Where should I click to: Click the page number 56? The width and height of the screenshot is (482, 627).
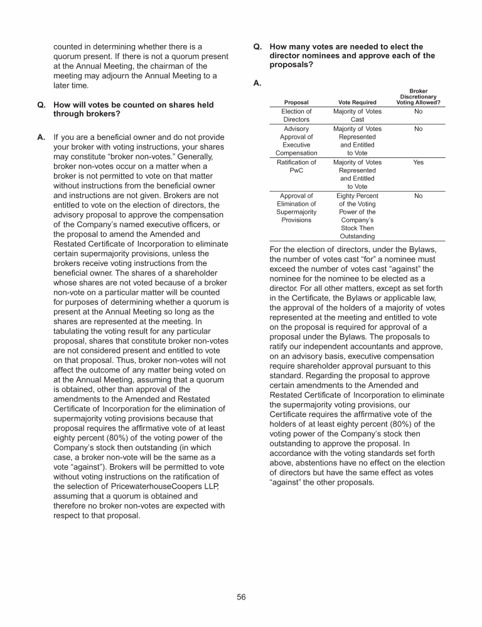(241, 597)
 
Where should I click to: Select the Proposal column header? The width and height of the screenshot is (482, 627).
(296, 102)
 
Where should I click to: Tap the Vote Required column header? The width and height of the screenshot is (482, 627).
(357, 102)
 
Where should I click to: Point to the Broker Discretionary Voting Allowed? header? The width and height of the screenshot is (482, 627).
(418, 97)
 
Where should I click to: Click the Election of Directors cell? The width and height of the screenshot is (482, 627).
(296, 115)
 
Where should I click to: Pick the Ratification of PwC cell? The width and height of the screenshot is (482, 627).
(296, 166)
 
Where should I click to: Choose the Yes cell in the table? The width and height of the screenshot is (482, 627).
(418, 162)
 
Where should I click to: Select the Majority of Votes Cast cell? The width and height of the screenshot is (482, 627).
(357, 115)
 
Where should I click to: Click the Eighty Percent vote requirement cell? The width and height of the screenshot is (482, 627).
(357, 216)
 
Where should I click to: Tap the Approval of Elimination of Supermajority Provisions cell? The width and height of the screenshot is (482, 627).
(296, 208)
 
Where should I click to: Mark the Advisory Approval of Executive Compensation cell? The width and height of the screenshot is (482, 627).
(296, 141)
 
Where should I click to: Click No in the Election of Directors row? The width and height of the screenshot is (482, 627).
(418, 112)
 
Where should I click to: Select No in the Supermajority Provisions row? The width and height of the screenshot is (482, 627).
(418, 196)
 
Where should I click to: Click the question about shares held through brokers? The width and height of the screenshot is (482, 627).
(133, 110)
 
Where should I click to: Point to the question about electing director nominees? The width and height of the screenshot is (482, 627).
(351, 55)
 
